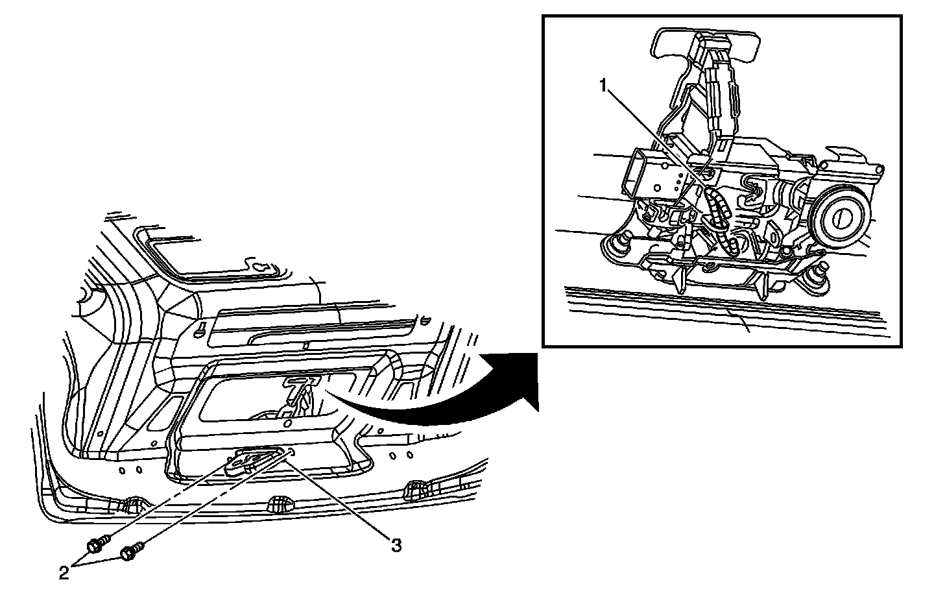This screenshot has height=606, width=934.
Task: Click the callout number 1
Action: [603, 85]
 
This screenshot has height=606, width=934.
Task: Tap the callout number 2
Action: [64, 573]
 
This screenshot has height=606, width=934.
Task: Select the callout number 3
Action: [396, 546]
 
